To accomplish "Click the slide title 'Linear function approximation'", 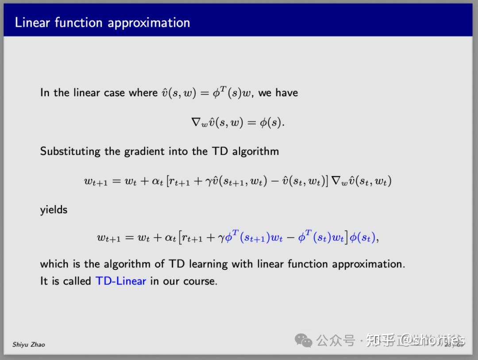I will tap(102, 23).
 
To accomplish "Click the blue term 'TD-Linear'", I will tap(120, 281).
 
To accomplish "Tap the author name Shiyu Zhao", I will tap(28, 344).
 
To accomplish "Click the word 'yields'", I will tap(54, 210).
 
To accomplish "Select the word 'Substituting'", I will tap(70, 151).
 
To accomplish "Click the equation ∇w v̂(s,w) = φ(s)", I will tap(238, 123).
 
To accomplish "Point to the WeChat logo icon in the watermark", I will tap(304, 341).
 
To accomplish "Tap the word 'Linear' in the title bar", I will tap(33, 23).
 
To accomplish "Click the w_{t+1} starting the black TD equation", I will tap(96, 182).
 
